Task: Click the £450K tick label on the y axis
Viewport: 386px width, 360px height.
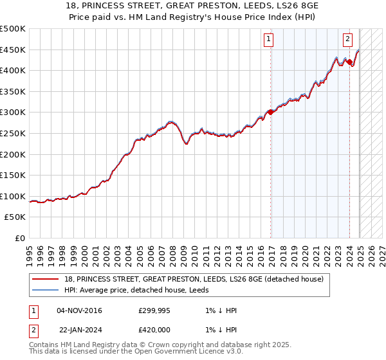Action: [13, 50]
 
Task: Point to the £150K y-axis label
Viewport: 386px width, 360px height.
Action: [13, 175]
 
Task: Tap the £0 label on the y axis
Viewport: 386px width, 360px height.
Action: [19, 238]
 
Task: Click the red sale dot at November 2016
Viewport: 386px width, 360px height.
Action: [271, 112]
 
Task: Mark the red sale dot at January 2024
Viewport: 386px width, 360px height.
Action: [350, 62]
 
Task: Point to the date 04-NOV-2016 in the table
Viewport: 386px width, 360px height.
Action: [79, 310]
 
